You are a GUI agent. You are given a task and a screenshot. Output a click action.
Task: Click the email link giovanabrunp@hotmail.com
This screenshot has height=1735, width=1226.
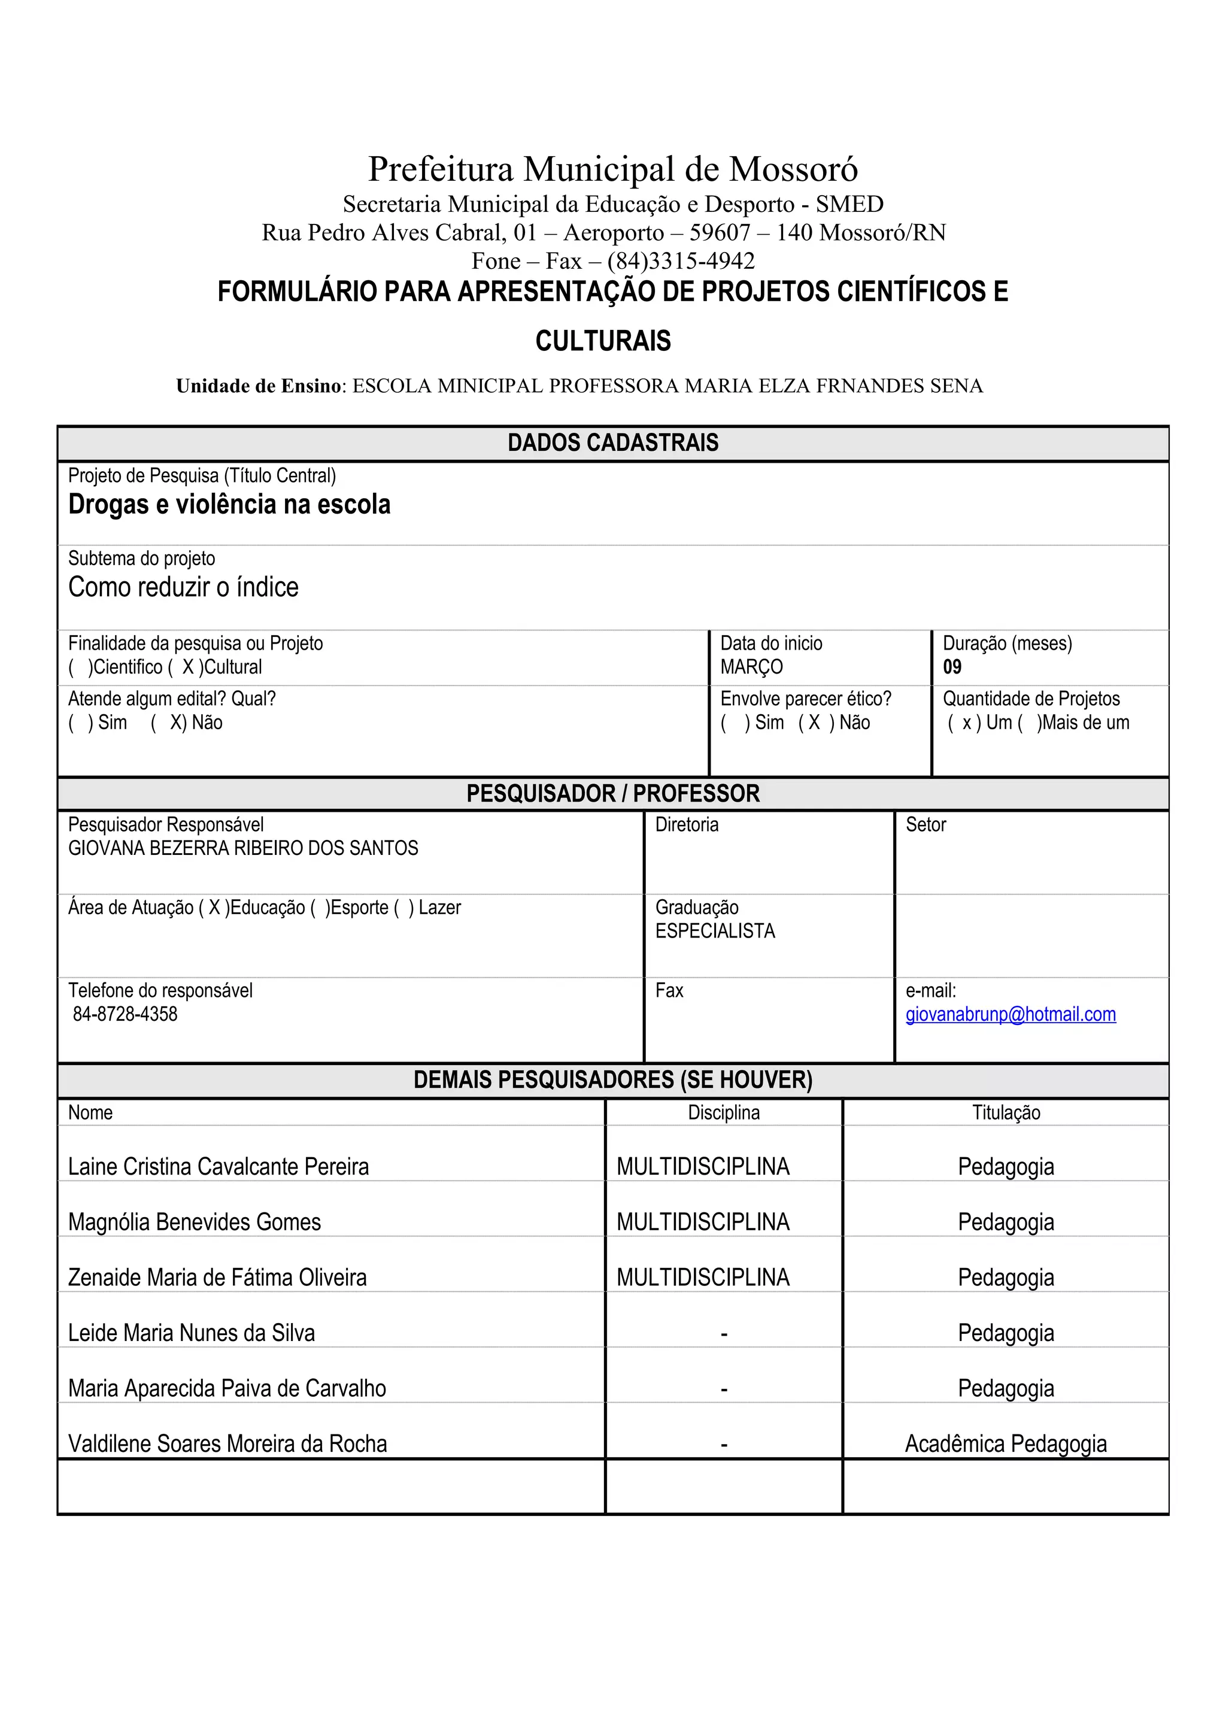click(1010, 1014)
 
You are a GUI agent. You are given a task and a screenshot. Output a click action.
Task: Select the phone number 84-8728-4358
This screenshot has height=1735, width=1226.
click(125, 1014)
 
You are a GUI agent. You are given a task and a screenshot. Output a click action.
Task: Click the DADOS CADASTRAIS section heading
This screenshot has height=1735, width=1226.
click(612, 443)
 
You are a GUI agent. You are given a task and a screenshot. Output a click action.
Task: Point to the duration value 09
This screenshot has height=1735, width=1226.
click(952, 668)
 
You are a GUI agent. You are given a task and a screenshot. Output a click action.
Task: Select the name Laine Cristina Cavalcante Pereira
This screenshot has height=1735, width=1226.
click(219, 1167)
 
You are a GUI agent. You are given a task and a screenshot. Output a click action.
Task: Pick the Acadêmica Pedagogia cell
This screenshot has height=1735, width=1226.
click(1006, 1444)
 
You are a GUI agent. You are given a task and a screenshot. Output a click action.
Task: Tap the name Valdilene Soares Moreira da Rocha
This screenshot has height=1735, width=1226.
click(227, 1444)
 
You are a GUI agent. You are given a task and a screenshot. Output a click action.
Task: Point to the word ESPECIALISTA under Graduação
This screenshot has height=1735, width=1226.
click(715, 931)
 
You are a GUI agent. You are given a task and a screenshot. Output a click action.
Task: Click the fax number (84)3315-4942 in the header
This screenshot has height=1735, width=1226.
click(681, 262)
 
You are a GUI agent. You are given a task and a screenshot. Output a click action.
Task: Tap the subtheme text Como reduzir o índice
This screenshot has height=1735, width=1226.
click(184, 587)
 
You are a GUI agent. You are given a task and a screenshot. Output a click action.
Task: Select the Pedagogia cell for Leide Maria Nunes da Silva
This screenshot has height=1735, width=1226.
click(1006, 1333)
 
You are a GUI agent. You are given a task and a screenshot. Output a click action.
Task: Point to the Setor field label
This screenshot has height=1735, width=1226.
click(925, 824)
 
